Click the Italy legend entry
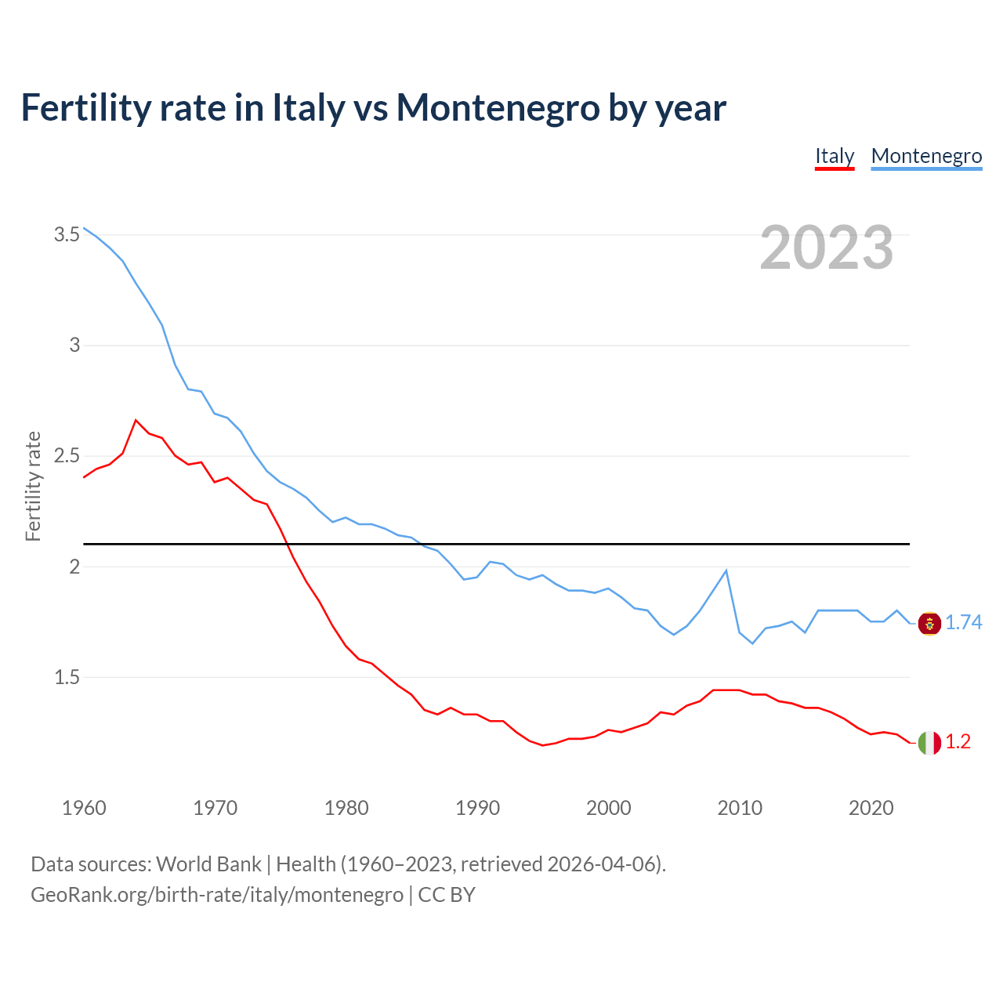point(835,156)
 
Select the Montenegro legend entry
point(926,156)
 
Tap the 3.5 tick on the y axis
point(67,234)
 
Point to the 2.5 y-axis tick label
point(67,456)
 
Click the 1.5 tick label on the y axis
point(67,677)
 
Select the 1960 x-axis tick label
point(84,808)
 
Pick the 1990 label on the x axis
point(477,808)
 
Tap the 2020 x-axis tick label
point(871,808)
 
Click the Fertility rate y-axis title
point(33,486)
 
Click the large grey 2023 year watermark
point(827,248)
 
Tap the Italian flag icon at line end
point(929,742)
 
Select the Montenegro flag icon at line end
point(929,624)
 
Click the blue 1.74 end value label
point(963,622)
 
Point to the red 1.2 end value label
point(958,741)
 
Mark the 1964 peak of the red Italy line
point(136,420)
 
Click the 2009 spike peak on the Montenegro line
point(726,570)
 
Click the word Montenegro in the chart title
point(498,107)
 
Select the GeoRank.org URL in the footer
point(217,894)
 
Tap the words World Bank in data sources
point(208,864)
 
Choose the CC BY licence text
point(447,894)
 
